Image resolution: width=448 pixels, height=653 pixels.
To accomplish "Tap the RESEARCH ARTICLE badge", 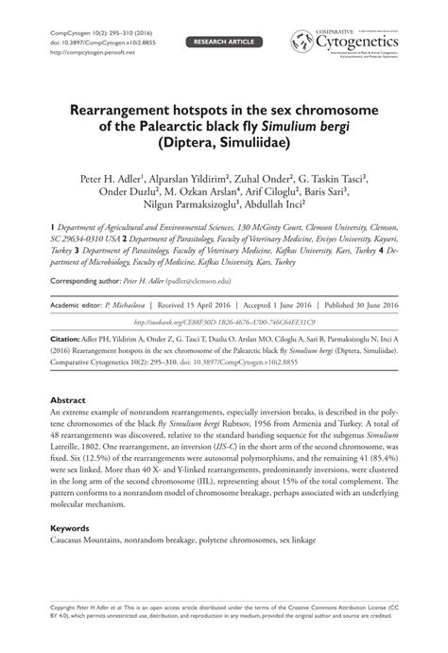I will [x=224, y=43].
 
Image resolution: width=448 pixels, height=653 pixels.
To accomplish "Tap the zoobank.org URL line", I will [x=223, y=321].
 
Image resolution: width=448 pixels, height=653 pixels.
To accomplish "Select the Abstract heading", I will [x=68, y=400].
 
